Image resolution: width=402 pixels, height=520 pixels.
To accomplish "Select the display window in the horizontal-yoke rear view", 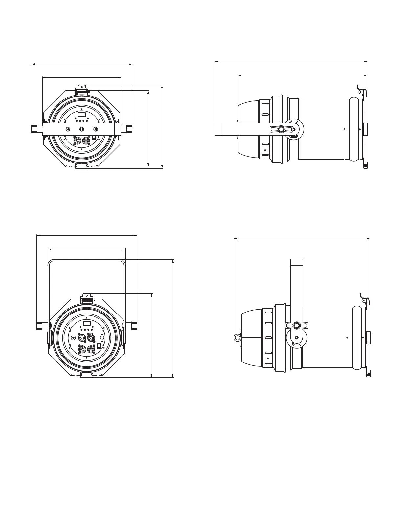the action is pos(81,115).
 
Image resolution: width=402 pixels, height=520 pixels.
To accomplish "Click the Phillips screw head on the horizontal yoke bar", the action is pos(68,129).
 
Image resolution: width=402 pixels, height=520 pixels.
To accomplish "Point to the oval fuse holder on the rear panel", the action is pos(102,338).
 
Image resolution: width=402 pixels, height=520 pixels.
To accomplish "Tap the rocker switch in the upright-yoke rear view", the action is pos(99,345).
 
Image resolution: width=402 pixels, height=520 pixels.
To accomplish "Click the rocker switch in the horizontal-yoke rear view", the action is pos(94,138).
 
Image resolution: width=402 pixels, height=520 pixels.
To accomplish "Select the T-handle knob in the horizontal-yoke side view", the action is pos(281,129).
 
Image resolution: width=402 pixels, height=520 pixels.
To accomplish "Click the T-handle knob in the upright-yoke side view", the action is pos(297,325).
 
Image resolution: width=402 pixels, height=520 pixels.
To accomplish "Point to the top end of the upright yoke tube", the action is pos(297,262).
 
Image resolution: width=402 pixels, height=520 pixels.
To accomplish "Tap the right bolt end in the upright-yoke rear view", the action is pos(134,325).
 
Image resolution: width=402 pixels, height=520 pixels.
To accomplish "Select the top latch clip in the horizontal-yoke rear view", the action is pos(82,90).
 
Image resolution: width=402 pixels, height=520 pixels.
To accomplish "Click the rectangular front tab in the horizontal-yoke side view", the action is pos(365,129).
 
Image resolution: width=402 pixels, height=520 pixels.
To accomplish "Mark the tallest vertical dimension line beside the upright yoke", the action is pos(173,318).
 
